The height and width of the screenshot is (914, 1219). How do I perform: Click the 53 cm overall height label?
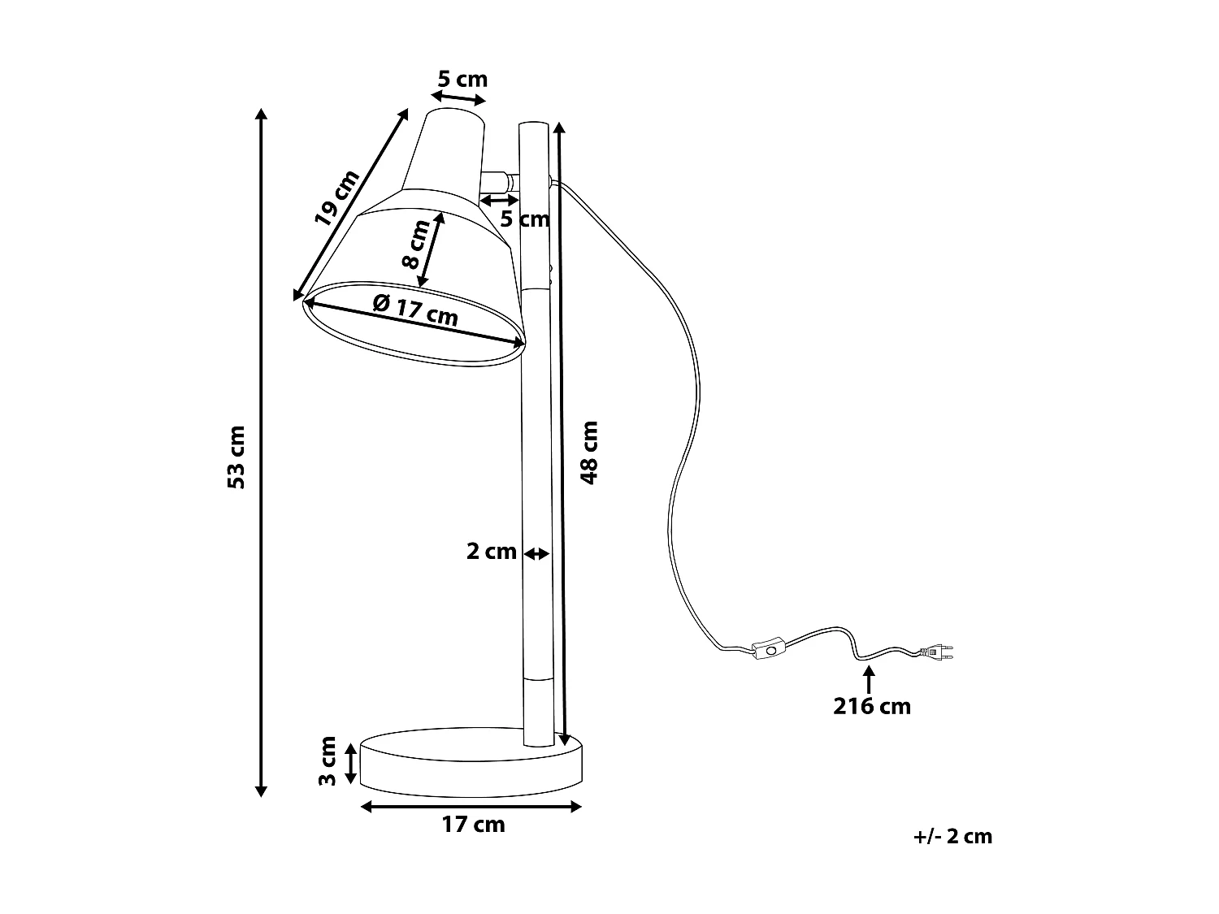[x=236, y=457]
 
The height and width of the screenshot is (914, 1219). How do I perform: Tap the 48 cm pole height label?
[x=590, y=453]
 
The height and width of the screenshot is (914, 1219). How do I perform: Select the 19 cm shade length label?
[x=336, y=197]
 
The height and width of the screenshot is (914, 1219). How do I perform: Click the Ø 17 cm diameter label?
[x=414, y=310]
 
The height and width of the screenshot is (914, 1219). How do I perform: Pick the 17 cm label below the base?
[x=473, y=825]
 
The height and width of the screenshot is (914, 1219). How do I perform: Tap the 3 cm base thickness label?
[x=328, y=761]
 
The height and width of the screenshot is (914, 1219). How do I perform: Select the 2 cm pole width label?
[x=491, y=552]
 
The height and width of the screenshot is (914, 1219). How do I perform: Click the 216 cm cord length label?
[x=871, y=706]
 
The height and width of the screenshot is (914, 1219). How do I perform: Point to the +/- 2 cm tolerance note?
[x=952, y=836]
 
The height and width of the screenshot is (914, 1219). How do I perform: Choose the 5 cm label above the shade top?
[x=462, y=79]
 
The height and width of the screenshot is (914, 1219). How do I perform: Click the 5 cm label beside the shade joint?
[x=524, y=219]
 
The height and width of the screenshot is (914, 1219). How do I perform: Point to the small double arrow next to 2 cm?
[x=536, y=554]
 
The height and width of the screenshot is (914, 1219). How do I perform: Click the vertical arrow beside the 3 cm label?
[x=350, y=763]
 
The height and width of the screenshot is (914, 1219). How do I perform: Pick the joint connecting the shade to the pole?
[x=498, y=181]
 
